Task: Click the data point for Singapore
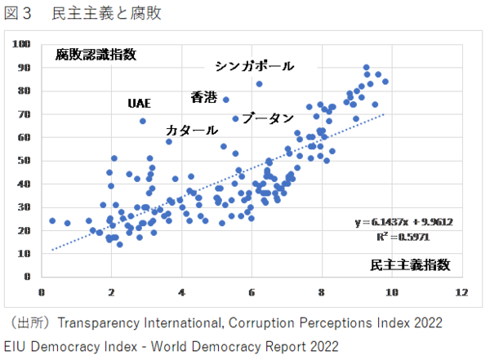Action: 260,83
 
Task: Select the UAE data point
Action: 143,121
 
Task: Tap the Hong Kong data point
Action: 225,100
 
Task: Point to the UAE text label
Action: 140,104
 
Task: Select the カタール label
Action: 192,130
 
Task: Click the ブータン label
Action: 268,118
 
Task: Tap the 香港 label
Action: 203,97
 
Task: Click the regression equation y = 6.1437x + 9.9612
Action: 403,222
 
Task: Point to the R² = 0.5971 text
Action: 403,237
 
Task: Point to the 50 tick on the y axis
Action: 25,161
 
